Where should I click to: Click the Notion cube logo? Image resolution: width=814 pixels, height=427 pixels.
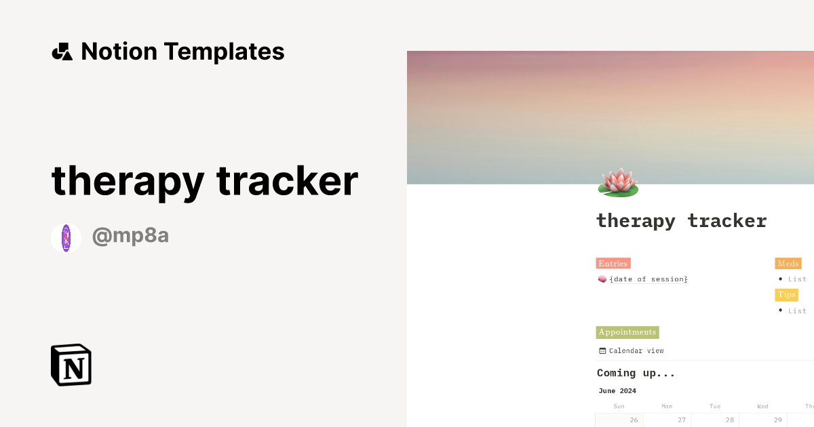click(71, 365)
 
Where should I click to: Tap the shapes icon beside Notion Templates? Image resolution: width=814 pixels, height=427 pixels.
click(62, 52)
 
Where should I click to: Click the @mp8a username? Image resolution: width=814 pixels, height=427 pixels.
click(130, 236)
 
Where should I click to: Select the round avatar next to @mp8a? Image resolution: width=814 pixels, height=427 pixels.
click(66, 239)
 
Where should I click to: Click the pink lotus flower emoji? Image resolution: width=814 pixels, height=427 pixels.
click(618, 182)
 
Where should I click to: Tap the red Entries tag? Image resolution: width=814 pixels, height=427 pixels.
click(613, 264)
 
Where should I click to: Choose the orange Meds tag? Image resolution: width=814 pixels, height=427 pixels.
click(788, 264)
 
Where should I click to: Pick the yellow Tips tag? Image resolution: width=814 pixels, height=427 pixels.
click(787, 295)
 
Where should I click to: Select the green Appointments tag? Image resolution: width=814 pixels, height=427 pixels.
click(627, 332)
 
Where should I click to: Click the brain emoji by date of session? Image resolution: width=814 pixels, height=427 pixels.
click(602, 279)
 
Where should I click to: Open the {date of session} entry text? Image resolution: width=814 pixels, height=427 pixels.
click(648, 279)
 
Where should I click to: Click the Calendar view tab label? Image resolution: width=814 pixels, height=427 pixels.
click(636, 350)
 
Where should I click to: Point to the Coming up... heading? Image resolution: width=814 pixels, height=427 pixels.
click(636, 373)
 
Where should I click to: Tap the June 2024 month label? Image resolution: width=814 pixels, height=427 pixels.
click(617, 391)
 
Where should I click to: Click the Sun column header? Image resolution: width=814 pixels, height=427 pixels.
click(619, 406)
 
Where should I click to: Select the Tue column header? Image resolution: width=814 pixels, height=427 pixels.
click(715, 406)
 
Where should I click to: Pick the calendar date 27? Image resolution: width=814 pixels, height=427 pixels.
click(682, 420)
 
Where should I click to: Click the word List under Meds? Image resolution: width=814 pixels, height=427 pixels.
click(797, 279)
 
